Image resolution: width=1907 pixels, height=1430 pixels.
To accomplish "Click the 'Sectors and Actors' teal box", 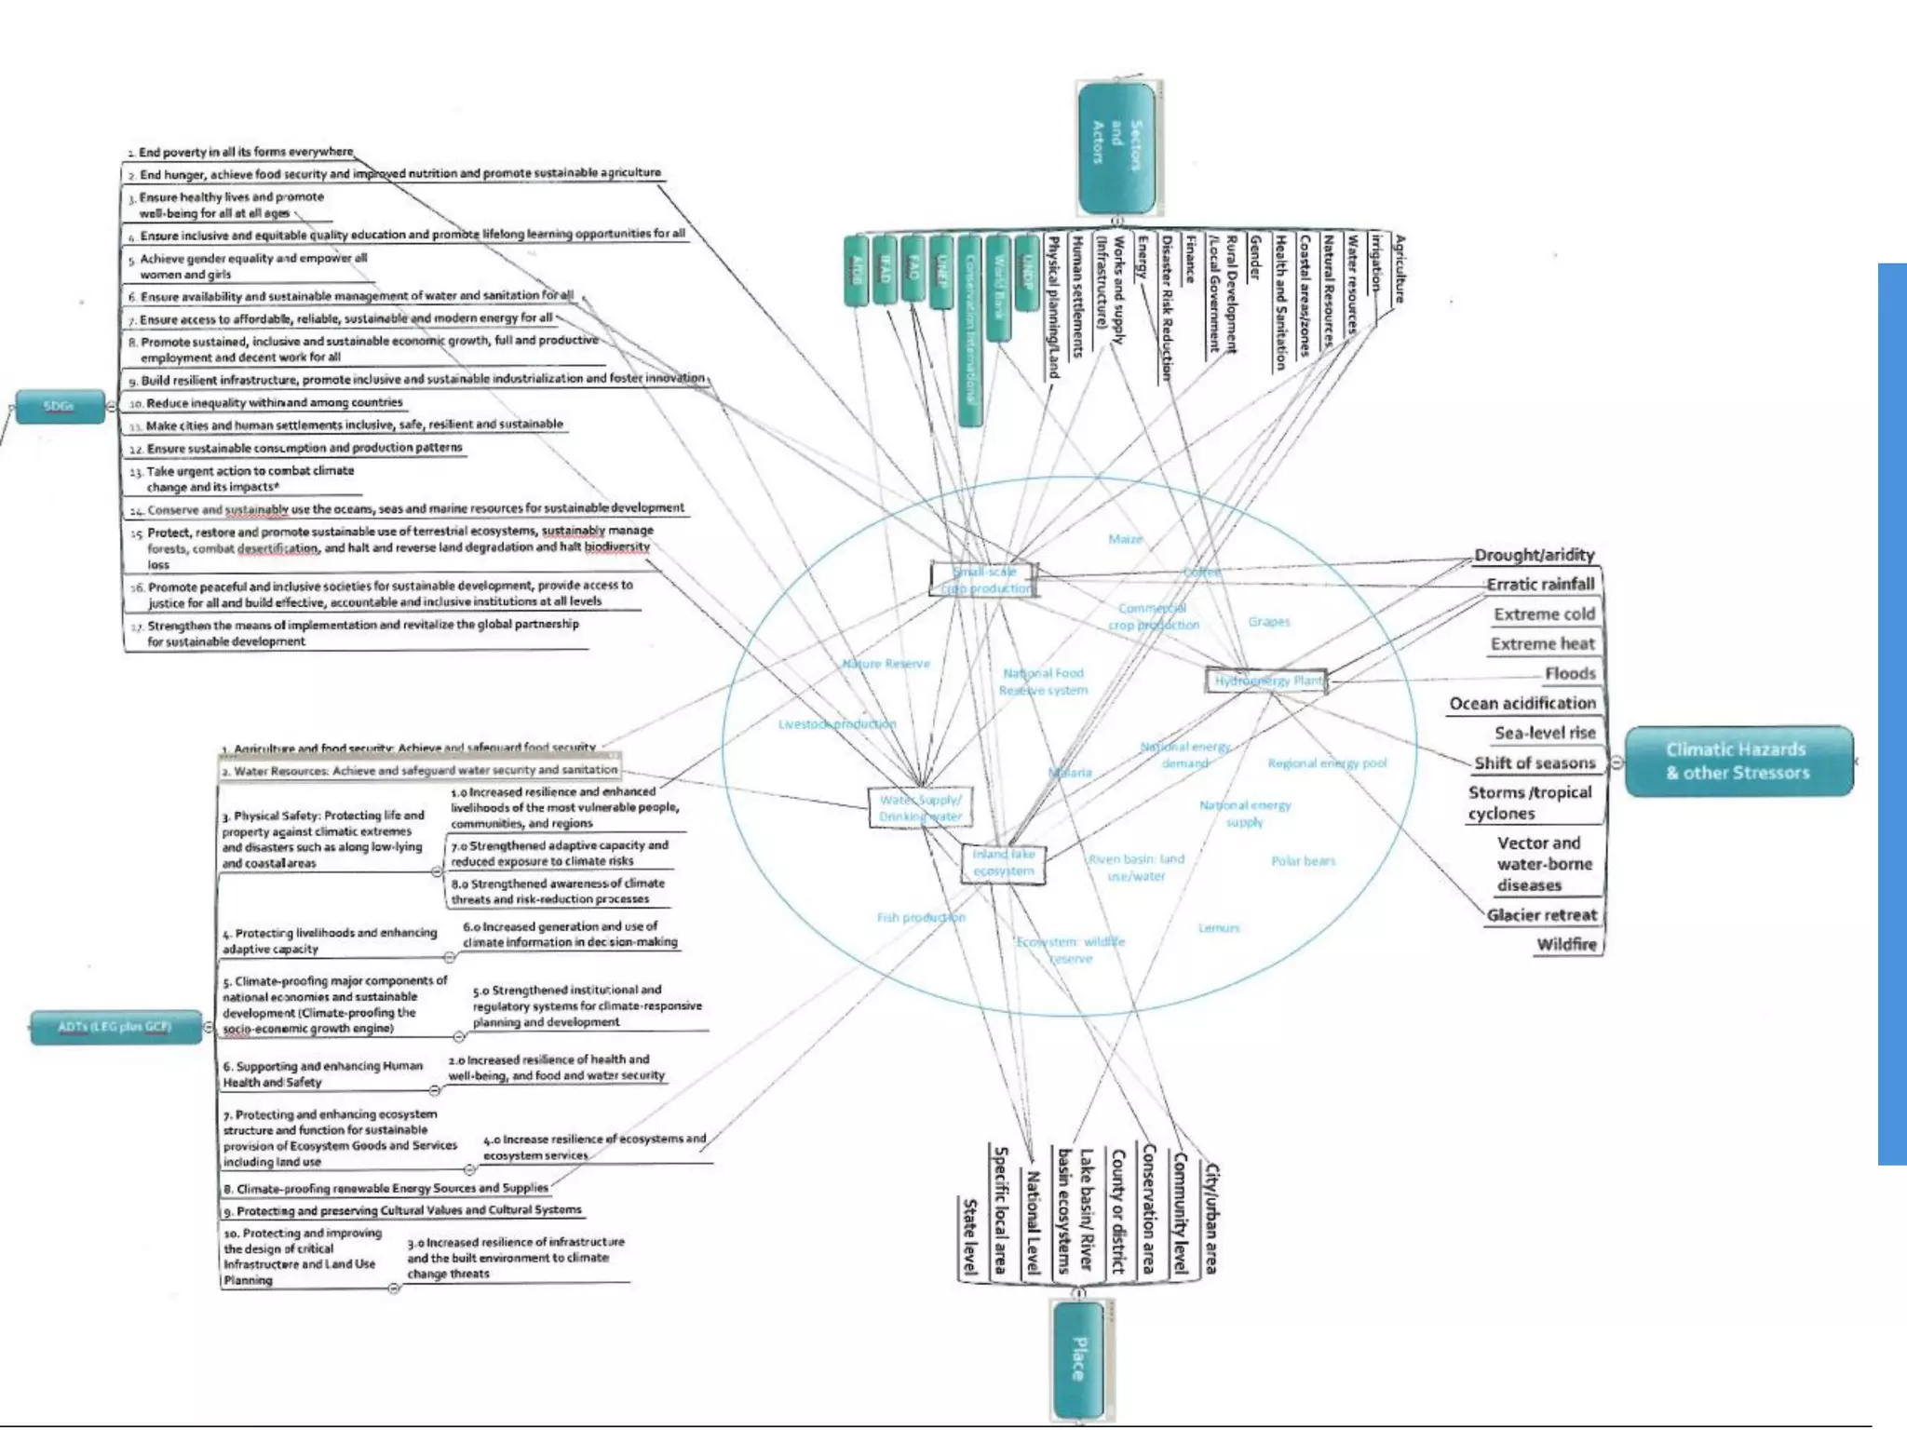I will coord(1116,147).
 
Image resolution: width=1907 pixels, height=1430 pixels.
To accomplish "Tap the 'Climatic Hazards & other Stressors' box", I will coord(1738,761).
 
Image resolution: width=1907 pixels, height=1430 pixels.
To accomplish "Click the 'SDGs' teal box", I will coord(59,407).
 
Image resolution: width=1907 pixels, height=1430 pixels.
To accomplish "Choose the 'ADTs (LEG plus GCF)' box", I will coord(115,1027).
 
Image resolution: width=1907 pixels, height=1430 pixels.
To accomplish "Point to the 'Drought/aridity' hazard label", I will coord(1534,555).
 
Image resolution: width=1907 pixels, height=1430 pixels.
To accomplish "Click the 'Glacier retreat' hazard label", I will coord(1541,915).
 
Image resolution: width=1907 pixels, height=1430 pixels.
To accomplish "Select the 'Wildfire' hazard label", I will coord(1566,944).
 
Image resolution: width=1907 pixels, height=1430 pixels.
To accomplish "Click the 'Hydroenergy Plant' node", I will coord(1267,681).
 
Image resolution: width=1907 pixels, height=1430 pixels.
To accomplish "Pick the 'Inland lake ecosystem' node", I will coord(1003,862).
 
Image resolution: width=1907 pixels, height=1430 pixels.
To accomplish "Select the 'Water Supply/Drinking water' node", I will coord(920,808).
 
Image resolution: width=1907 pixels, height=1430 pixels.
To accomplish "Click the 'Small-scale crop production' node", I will coord(984,580).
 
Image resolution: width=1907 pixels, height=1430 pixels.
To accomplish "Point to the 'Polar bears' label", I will coord(1303,861).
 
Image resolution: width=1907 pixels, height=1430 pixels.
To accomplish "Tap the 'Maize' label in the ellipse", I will coord(1125,539).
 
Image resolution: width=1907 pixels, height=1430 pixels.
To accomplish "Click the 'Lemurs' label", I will coord(1218,928).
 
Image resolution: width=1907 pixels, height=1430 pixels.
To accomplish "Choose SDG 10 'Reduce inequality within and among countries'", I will coord(274,403).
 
